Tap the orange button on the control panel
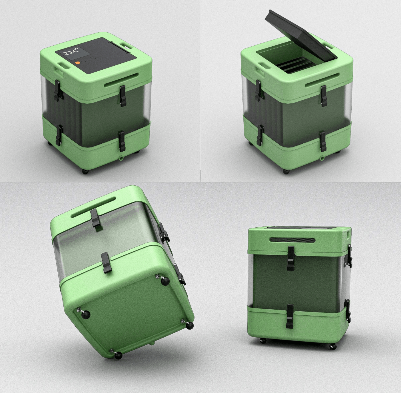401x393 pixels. tap(77, 63)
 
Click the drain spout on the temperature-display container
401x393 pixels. tap(121, 158)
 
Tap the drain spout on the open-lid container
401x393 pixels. tap(322, 158)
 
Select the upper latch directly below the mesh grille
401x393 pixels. tap(291, 258)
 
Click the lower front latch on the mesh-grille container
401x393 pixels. tap(290, 316)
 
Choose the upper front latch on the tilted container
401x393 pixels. tap(96, 218)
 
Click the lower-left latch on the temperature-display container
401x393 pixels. tap(60, 135)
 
